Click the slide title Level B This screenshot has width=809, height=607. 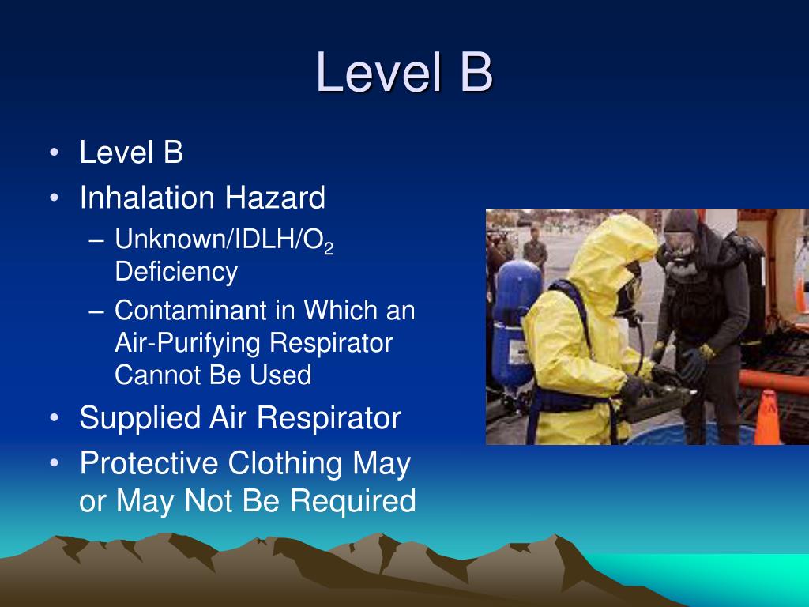(x=404, y=73)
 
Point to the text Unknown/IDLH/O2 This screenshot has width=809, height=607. (x=224, y=240)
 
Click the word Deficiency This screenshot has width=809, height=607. (x=176, y=271)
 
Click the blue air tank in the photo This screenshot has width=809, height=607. (x=517, y=308)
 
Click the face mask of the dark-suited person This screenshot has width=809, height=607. (x=681, y=245)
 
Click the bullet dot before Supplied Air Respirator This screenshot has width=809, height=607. (x=54, y=418)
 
